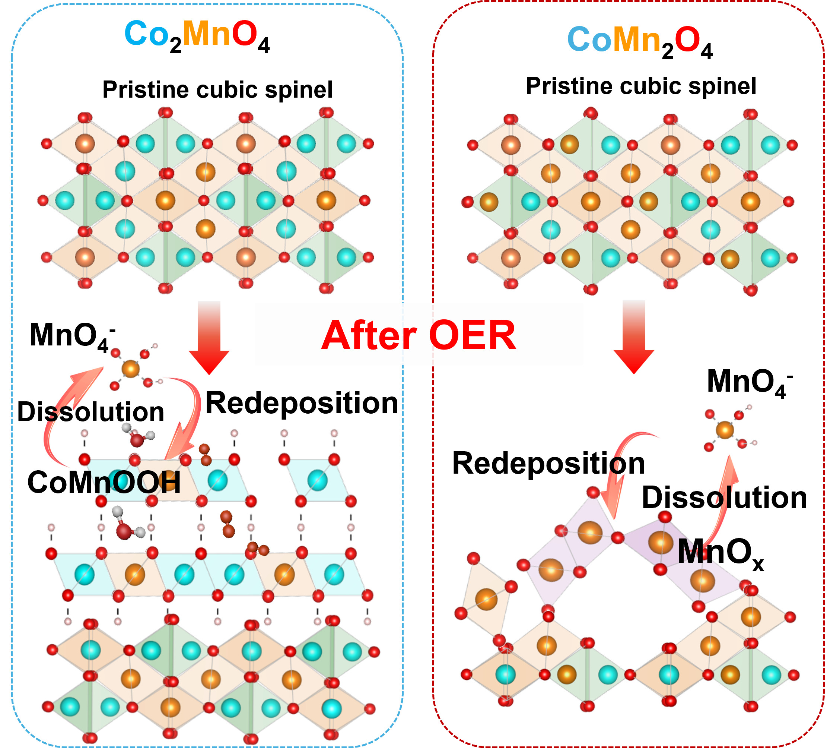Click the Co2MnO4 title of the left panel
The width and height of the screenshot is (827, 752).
(x=197, y=36)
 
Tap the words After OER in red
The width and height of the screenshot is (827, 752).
(x=419, y=336)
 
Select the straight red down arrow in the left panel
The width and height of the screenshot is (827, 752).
(x=209, y=336)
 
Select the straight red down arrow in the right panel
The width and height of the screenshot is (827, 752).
(x=634, y=336)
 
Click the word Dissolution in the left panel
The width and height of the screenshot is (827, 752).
(x=90, y=412)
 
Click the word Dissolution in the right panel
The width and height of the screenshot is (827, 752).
(x=724, y=497)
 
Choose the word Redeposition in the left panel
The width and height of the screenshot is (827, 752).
(x=302, y=403)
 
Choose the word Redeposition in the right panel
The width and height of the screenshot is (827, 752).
(x=548, y=464)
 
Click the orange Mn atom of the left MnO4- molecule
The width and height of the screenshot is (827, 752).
(x=131, y=368)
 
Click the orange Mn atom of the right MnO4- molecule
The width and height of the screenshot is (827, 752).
(x=725, y=430)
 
